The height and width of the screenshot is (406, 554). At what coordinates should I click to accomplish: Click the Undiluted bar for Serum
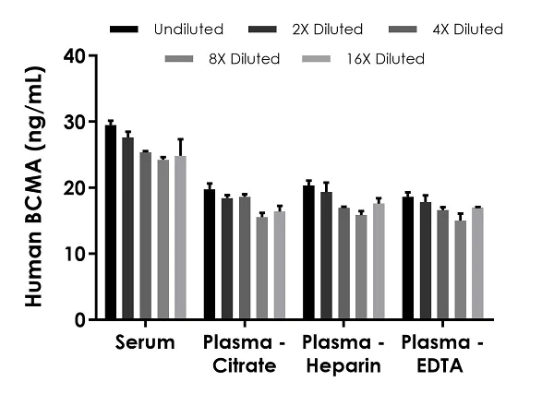tap(111, 222)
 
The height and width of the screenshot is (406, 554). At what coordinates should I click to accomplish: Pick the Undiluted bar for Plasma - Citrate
tap(209, 254)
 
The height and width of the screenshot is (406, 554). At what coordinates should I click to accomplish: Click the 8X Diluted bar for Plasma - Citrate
tap(261, 268)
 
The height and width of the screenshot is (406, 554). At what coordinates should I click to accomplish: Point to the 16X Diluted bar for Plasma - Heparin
tap(379, 261)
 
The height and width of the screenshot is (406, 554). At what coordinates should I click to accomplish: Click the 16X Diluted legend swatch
tap(318, 59)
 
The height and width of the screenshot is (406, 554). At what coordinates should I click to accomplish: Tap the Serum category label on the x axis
tap(145, 342)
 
